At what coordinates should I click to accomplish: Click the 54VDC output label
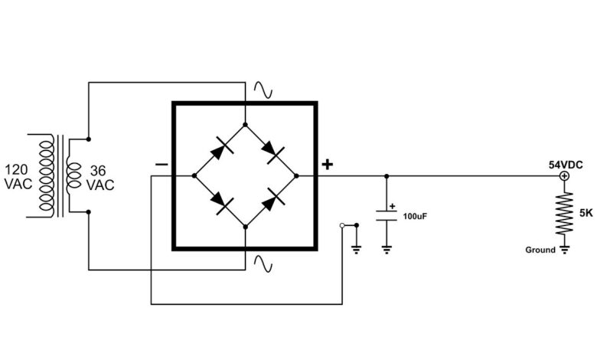coord(566,165)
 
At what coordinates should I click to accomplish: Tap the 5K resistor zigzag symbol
coord(564,214)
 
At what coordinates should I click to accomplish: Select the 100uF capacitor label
coord(415,216)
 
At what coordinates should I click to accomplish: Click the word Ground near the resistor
coord(540,250)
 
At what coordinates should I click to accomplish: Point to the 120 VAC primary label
coord(18,177)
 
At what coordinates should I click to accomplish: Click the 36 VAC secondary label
coord(100,178)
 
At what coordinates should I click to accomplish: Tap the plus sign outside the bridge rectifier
coord(328,165)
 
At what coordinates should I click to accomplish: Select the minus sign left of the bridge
coord(161,165)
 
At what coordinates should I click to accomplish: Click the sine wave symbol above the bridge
coord(263,90)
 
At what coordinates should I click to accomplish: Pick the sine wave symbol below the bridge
coord(263,263)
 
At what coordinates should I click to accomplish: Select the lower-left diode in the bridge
coord(222,201)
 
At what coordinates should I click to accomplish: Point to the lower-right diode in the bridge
coord(272,200)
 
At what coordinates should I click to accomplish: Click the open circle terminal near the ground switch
coord(342,225)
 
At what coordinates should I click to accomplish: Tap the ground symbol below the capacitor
coord(387,250)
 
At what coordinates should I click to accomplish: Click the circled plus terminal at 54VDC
coord(564,175)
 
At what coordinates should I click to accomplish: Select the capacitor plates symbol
coord(387,216)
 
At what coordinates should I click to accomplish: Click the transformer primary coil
coord(46,175)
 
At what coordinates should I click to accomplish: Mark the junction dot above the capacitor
coord(387,176)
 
